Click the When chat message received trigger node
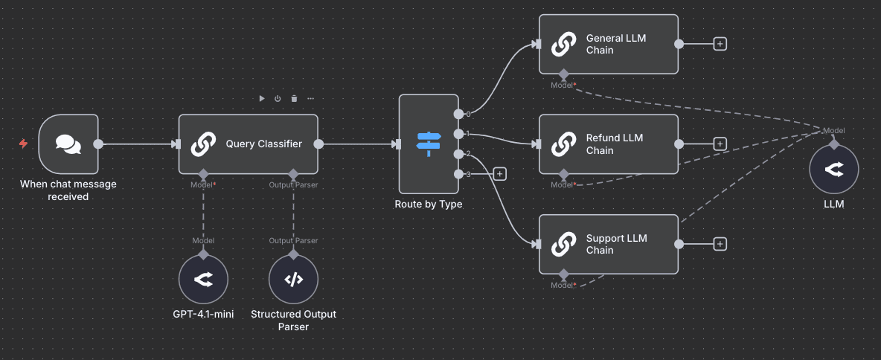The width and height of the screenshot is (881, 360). (x=68, y=144)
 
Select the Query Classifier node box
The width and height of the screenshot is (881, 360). (x=248, y=144)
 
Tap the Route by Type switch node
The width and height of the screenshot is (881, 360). (x=429, y=144)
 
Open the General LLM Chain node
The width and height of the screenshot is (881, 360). (x=609, y=44)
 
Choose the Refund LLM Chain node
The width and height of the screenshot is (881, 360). (x=609, y=144)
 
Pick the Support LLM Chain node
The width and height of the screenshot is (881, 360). (x=609, y=244)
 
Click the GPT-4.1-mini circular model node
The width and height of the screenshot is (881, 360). (x=203, y=280)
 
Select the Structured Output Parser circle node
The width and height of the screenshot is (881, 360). (x=293, y=280)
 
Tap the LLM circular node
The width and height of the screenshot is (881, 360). (x=834, y=170)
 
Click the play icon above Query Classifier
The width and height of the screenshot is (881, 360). (x=262, y=98)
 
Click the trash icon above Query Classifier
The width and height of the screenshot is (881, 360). (x=294, y=98)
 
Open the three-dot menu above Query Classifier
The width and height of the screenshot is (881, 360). (x=310, y=98)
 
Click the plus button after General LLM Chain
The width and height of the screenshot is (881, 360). (x=720, y=44)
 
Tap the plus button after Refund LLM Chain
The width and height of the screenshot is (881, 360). (x=720, y=144)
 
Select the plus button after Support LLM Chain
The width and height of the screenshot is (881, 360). (x=720, y=244)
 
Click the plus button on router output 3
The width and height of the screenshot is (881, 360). (x=499, y=174)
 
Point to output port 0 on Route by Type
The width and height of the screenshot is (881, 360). (x=458, y=114)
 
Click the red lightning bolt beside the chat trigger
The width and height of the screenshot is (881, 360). (x=23, y=144)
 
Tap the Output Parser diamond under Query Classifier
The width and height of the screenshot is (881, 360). (x=293, y=173)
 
